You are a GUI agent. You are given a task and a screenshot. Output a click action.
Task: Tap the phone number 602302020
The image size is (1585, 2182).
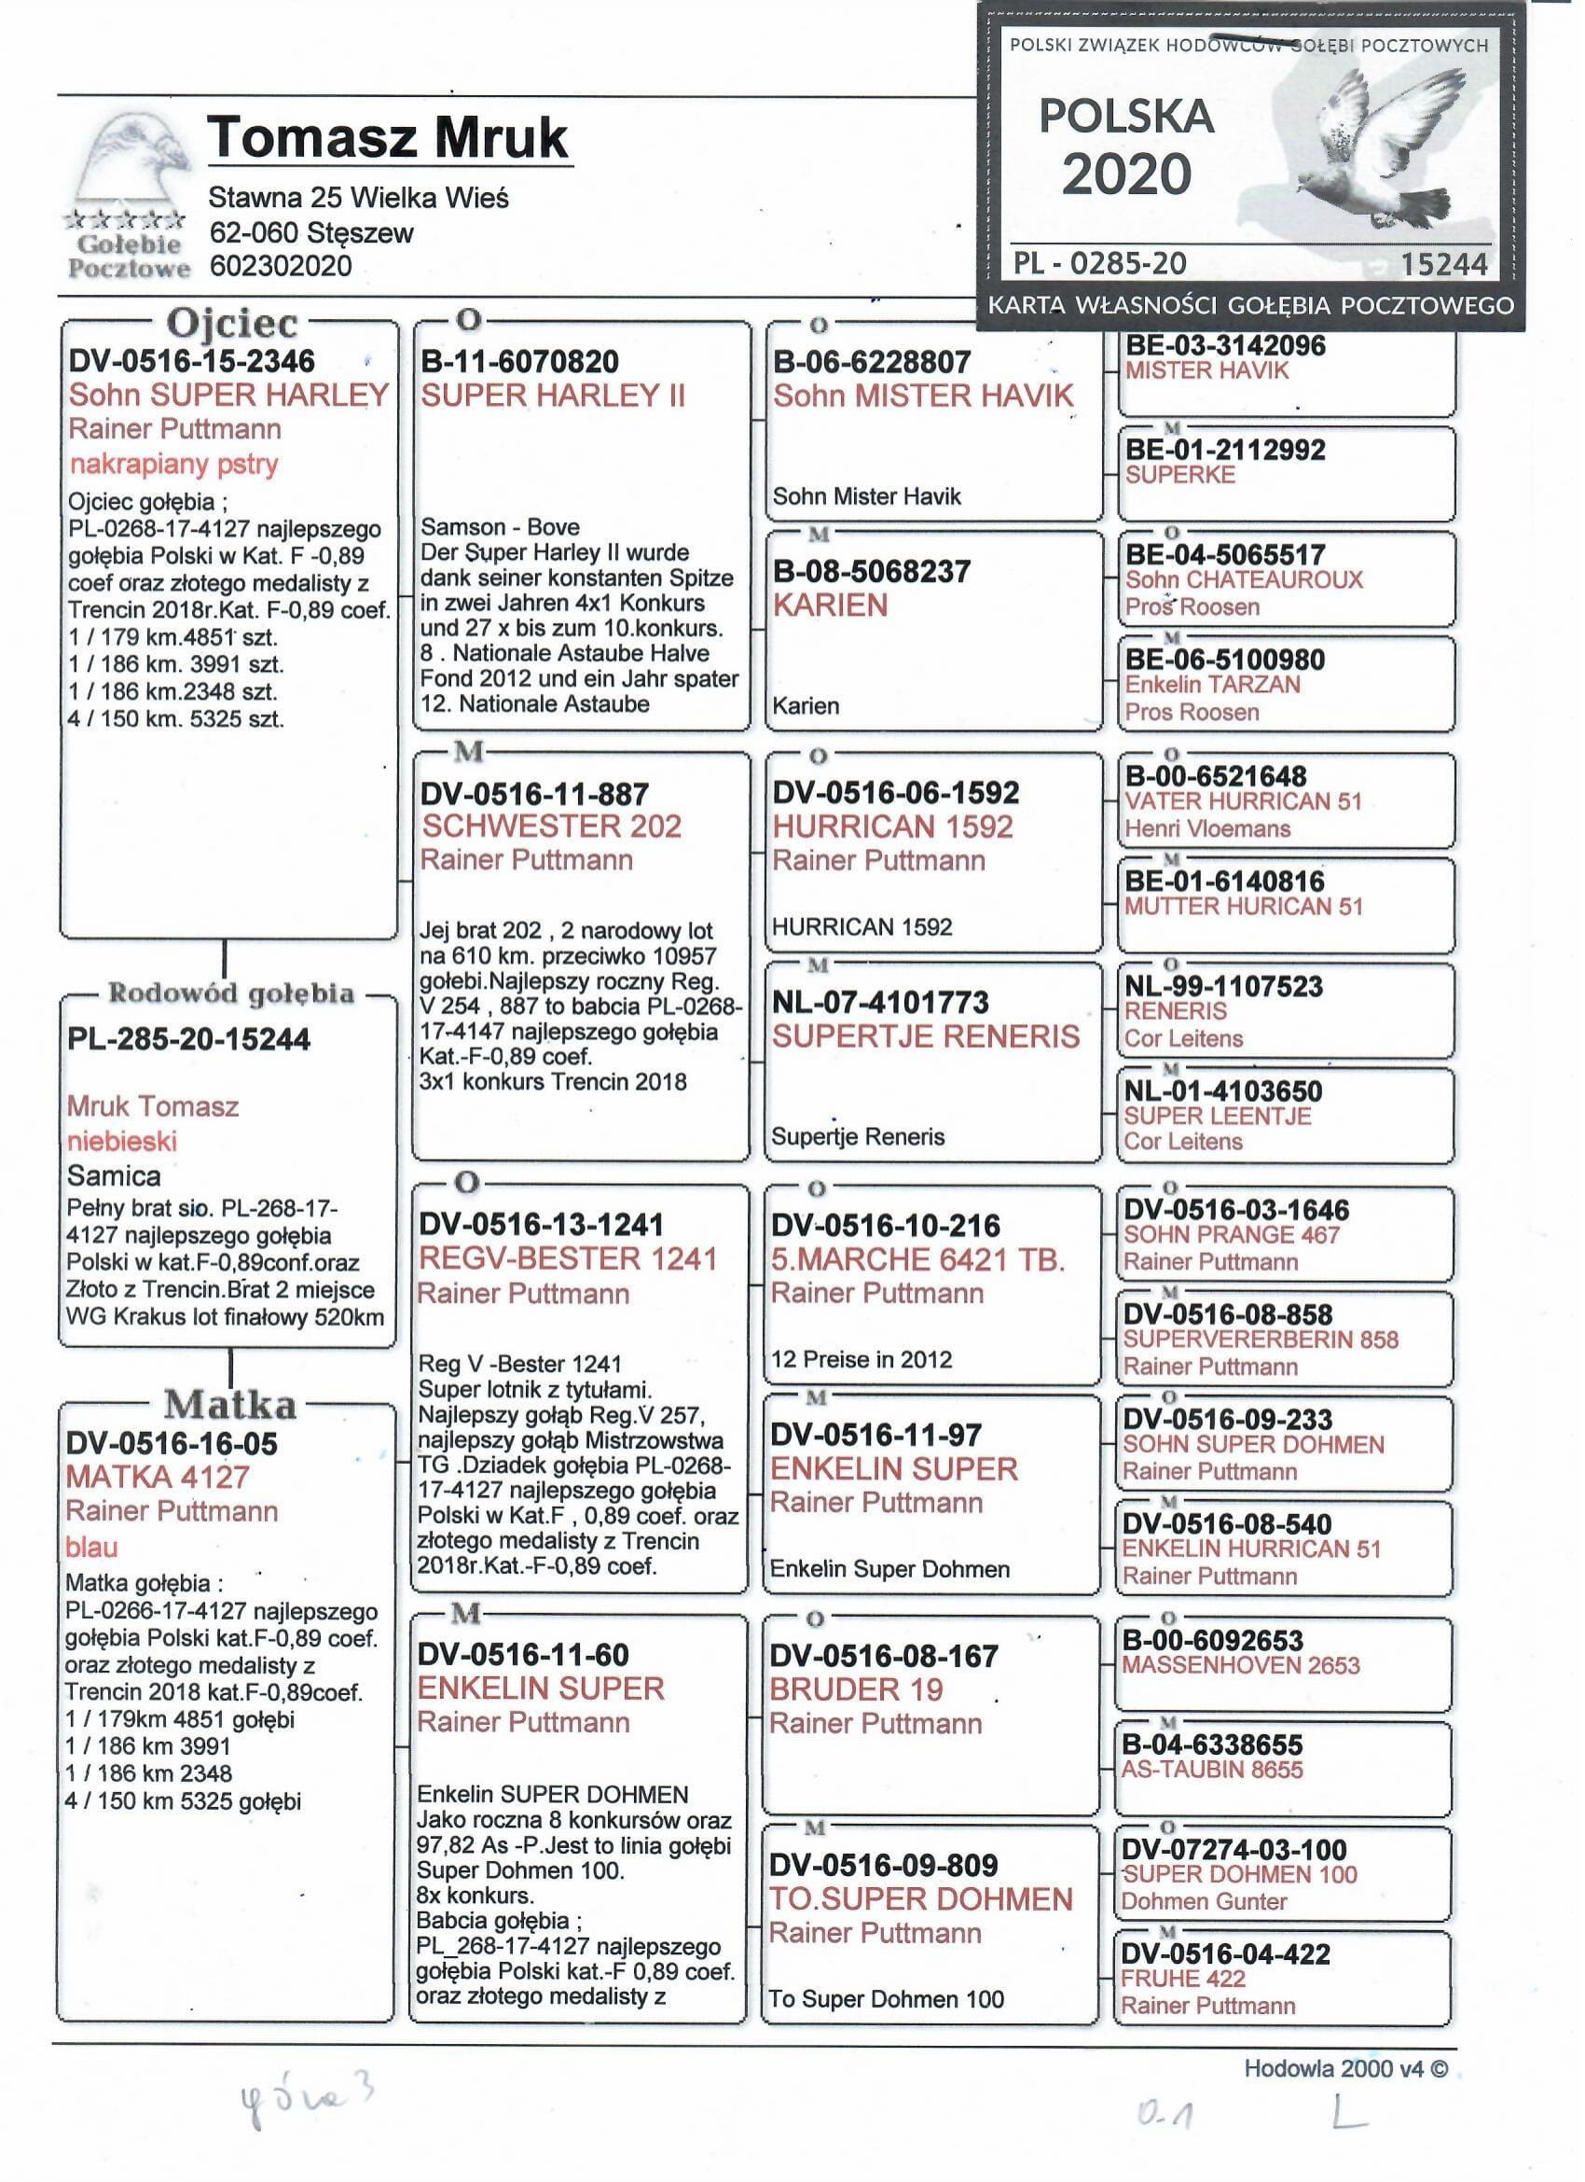click(x=280, y=266)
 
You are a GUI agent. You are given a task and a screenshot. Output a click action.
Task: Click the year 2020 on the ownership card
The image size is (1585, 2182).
click(x=1126, y=174)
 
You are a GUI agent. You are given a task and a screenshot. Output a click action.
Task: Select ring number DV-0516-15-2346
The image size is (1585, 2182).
click(x=191, y=361)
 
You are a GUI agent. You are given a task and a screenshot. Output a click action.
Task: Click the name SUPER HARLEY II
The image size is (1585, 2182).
click(x=552, y=396)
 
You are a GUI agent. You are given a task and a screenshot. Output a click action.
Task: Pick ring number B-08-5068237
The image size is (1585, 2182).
click(x=872, y=572)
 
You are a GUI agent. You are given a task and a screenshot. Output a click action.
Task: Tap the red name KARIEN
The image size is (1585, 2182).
click(x=830, y=605)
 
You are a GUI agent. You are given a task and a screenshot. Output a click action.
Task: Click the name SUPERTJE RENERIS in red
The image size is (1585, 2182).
click(x=926, y=1036)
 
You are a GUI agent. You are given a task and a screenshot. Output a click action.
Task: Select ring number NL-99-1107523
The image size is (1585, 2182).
click(x=1223, y=986)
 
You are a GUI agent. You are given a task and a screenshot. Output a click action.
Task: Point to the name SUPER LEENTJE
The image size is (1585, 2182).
click(x=1217, y=1116)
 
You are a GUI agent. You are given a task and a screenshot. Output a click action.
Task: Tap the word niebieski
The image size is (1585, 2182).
click(x=122, y=1141)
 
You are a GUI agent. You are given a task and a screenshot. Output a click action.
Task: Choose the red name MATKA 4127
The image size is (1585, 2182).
click(x=157, y=1476)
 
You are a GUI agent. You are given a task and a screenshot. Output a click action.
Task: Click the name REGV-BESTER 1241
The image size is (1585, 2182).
click(x=568, y=1258)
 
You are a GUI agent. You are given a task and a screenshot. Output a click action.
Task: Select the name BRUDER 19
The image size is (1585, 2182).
click(x=856, y=1689)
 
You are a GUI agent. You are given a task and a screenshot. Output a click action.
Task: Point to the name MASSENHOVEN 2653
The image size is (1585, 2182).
click(x=1241, y=1665)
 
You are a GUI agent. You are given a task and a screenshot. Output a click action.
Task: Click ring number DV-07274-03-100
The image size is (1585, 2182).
click(x=1235, y=1849)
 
